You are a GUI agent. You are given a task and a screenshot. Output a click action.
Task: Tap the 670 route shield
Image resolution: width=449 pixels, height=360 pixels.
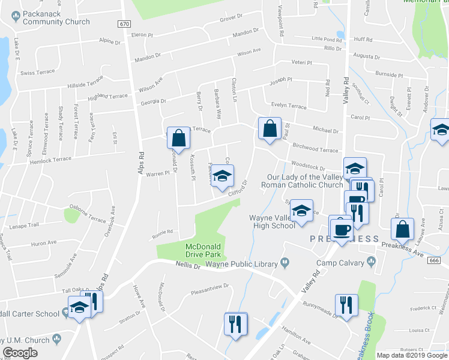coord(124,24)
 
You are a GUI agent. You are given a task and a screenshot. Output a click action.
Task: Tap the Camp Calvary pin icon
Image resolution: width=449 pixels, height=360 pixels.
coord(372,260)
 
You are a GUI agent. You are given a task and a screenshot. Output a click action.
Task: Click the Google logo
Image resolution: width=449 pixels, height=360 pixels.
coord(20,353)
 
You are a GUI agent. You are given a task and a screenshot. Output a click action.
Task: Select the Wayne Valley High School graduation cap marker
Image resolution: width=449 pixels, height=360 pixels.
coord(301,211)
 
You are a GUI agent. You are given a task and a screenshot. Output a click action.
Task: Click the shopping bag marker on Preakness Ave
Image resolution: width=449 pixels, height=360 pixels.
coord(402,229)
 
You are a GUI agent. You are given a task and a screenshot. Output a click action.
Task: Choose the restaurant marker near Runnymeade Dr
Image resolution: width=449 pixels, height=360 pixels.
coord(346,304)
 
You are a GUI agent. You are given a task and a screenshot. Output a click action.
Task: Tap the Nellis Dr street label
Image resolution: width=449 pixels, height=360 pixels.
coord(188,265)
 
